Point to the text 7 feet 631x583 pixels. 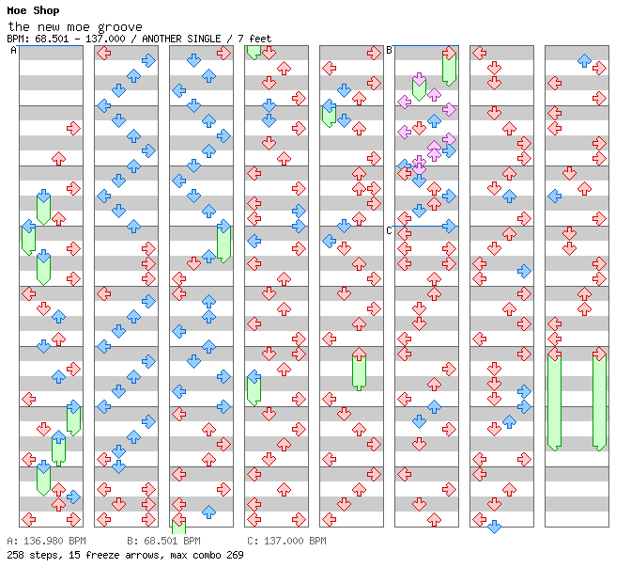[254, 39]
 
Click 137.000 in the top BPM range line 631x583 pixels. [104, 39]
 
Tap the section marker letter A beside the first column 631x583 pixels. [13, 51]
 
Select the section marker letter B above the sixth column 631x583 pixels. [389, 51]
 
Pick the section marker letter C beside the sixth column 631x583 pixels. [389, 230]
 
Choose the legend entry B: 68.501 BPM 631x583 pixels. [163, 542]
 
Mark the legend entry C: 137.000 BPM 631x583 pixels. [286, 542]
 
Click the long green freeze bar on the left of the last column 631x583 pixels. [554, 400]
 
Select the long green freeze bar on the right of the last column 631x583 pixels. [599, 400]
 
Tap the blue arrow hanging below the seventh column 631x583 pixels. [494, 527]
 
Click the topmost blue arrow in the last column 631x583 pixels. [584, 60]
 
